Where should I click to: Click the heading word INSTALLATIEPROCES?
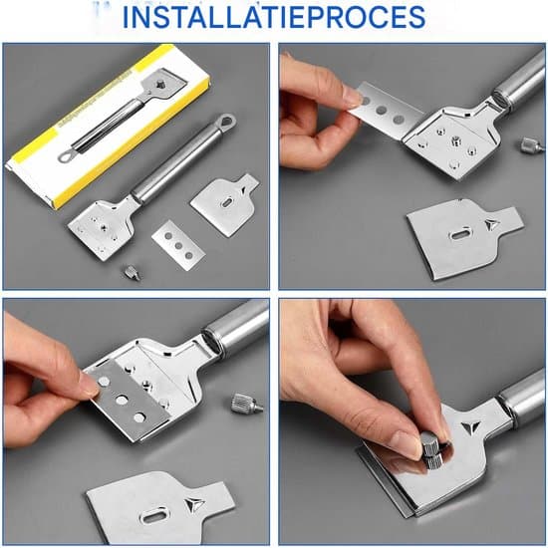pos(274,17)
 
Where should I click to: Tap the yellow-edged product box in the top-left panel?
pos(109,126)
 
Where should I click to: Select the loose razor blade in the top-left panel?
pos(178,245)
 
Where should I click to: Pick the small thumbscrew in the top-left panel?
pos(133,272)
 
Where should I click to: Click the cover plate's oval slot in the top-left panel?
pos(227,202)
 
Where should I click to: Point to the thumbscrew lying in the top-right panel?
pos(532,144)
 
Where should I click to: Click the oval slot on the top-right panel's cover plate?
pos(460,233)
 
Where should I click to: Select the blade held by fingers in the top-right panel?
pos(388,109)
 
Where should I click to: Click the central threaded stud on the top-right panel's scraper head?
pos(455,140)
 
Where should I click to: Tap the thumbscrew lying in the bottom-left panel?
pos(246,404)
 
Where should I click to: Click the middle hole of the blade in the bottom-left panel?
pos(122,400)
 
